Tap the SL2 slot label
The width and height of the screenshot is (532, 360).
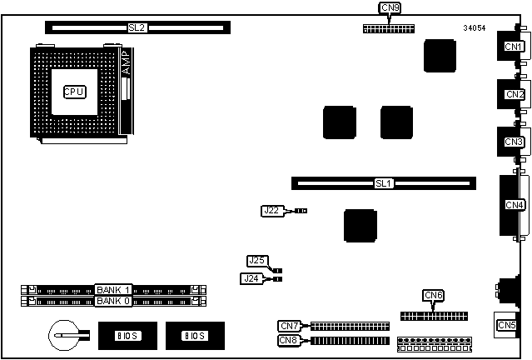click(137, 27)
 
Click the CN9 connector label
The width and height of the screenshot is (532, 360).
click(390, 8)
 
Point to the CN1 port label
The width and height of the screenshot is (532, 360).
click(514, 47)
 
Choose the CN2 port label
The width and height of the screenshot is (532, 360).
click(514, 94)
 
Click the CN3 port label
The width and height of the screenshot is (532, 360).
click(514, 142)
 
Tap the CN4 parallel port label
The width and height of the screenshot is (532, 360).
click(515, 205)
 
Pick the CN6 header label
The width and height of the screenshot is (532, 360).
click(434, 295)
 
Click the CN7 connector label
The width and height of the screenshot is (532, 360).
click(290, 326)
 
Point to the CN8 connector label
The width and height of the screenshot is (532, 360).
click(290, 340)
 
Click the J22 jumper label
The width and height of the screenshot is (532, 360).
click(272, 211)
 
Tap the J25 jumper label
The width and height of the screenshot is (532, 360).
click(257, 261)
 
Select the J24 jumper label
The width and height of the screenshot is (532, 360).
click(251, 278)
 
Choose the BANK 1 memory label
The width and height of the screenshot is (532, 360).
click(115, 289)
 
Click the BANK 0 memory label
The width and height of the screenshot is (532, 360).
click(115, 301)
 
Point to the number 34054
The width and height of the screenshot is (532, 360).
click(475, 28)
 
